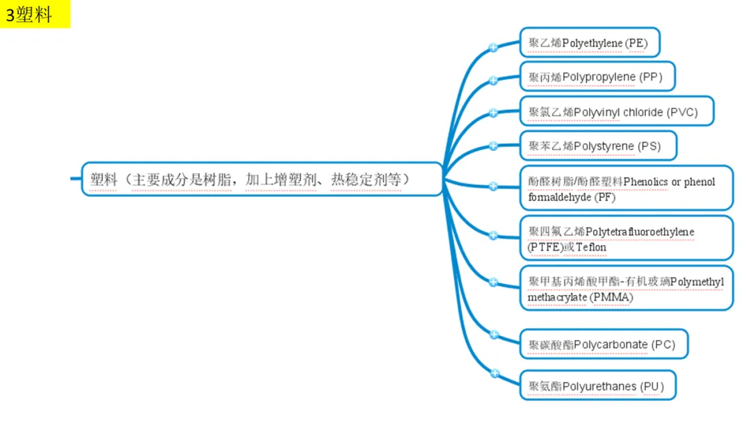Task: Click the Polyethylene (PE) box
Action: [589, 43]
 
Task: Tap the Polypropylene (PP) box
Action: [599, 77]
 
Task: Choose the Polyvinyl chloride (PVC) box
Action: [617, 111]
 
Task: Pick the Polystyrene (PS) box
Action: [598, 146]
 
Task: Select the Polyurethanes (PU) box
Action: [598, 385]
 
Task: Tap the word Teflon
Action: [591, 247]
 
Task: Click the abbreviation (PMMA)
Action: [612, 297]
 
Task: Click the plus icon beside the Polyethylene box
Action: [493, 48]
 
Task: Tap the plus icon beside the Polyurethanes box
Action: [494, 374]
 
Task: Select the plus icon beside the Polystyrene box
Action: [493, 146]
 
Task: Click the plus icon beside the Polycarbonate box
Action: [494, 335]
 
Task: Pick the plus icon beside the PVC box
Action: [493, 113]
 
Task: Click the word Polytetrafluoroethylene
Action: [640, 231]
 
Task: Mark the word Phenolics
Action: [646, 182]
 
